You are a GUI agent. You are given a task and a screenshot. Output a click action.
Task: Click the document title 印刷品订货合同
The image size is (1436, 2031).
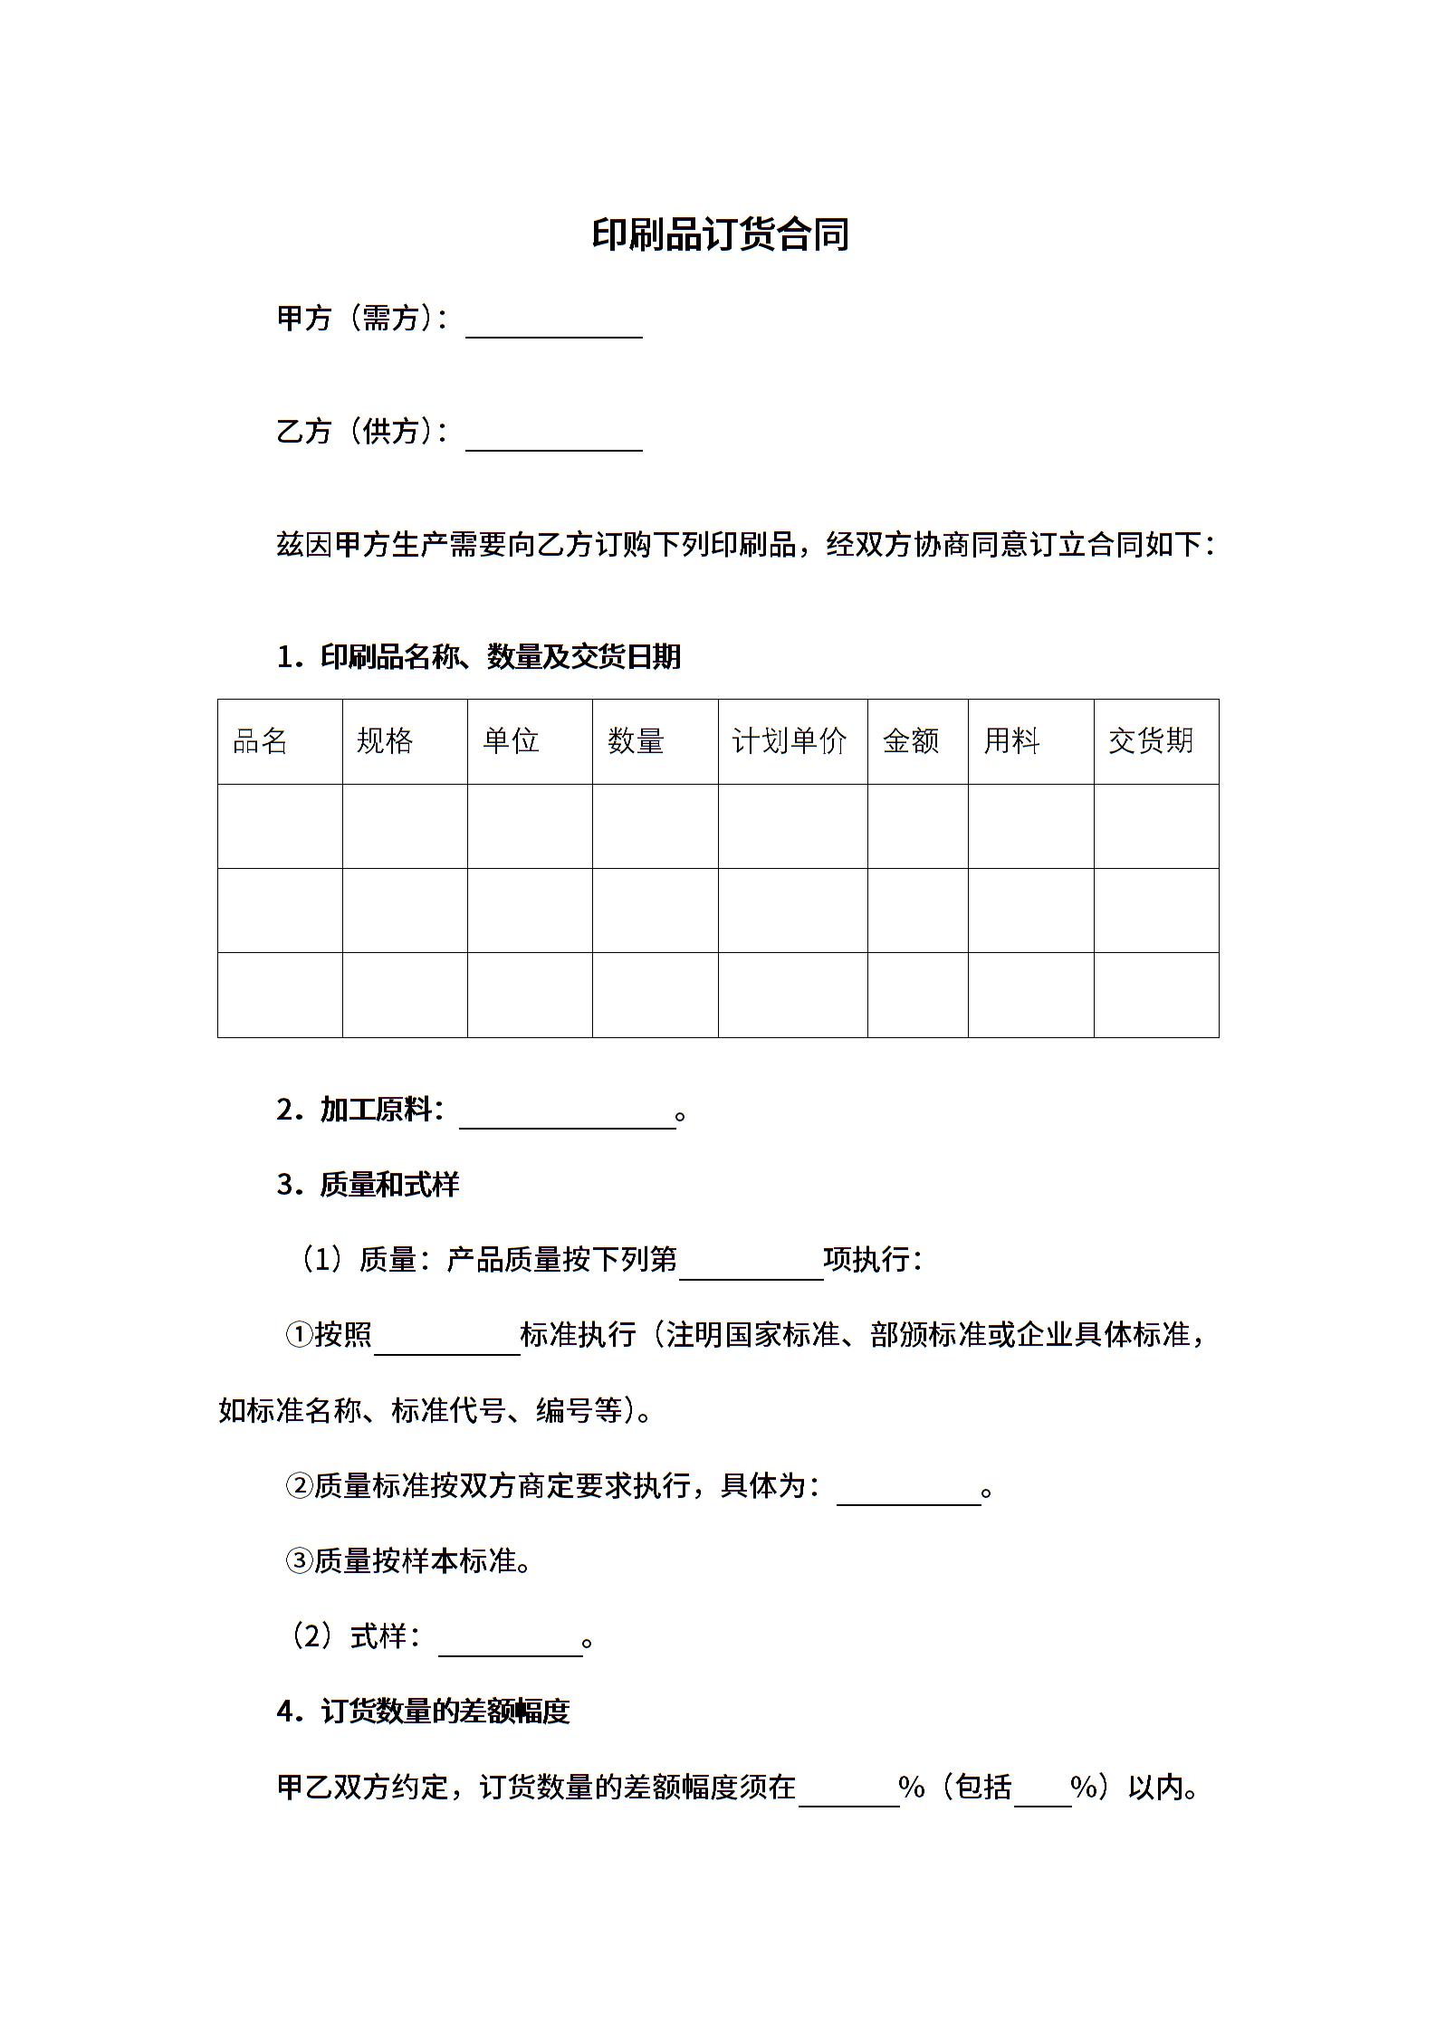(x=720, y=234)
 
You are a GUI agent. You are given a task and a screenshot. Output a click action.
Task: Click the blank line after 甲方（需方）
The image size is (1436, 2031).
(x=553, y=325)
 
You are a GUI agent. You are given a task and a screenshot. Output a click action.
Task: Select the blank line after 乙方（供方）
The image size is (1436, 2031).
(x=553, y=438)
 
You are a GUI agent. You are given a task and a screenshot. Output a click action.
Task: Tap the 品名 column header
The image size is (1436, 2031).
(x=260, y=741)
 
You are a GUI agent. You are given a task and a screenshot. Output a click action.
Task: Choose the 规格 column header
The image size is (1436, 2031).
(x=385, y=741)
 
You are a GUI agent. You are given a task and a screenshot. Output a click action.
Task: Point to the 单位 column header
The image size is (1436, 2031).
(x=511, y=741)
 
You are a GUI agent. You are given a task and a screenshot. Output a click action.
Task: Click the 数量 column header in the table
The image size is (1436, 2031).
(x=636, y=741)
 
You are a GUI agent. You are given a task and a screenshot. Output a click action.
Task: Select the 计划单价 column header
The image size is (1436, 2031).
(x=790, y=741)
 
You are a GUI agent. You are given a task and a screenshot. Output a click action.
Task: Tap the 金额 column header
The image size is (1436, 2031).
(x=911, y=741)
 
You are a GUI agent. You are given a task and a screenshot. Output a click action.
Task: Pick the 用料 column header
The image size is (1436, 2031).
(x=1011, y=741)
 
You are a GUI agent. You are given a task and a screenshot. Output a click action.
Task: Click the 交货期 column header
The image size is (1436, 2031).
(x=1151, y=741)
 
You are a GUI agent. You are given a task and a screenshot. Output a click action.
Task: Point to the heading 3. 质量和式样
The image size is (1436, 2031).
(x=369, y=1185)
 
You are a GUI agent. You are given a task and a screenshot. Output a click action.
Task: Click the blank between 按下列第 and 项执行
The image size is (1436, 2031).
(x=751, y=1266)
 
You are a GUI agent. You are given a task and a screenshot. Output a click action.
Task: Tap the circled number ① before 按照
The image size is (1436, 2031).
(x=299, y=1335)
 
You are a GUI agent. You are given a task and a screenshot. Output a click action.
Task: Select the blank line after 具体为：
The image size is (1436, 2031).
(x=908, y=1492)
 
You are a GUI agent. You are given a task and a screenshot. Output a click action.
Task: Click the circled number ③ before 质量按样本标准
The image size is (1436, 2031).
(x=299, y=1561)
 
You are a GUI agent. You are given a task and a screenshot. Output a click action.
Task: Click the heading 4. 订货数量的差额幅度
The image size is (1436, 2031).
(x=424, y=1712)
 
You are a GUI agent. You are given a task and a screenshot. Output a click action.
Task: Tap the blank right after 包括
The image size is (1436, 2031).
(x=1042, y=1793)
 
